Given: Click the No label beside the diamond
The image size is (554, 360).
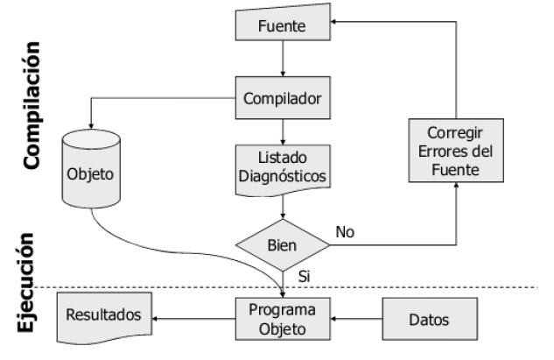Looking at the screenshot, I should pos(345,233).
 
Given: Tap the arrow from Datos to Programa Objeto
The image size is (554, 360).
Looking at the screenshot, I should pos(358,320).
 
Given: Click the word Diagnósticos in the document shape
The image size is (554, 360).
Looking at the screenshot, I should pos(284,177).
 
